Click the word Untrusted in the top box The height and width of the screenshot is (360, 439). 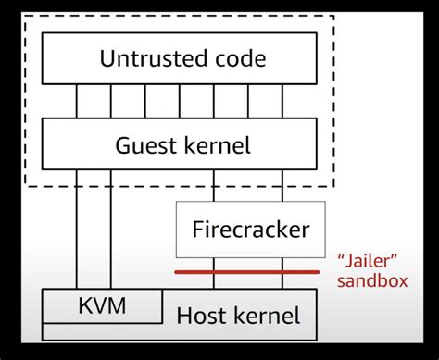(x=142, y=59)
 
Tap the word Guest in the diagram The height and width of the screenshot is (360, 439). (x=146, y=144)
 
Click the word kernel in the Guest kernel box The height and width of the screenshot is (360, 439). (x=216, y=144)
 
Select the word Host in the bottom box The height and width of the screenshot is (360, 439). (x=207, y=317)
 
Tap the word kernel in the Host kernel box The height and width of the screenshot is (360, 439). (x=270, y=317)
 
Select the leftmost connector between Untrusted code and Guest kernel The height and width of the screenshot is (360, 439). (x=78, y=102)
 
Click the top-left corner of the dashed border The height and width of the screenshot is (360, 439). (x=24, y=17)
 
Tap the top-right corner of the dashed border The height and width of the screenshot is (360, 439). (x=335, y=17)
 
